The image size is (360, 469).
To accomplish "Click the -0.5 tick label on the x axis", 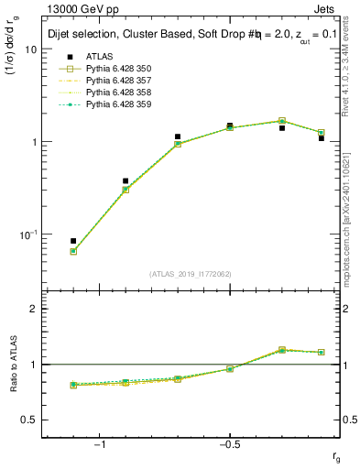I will click(x=228, y=444).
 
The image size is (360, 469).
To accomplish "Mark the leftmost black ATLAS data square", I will click(x=73, y=241).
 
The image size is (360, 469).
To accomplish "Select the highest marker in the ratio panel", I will click(x=282, y=350).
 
